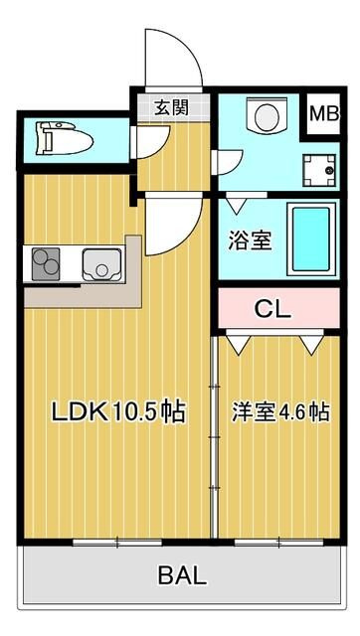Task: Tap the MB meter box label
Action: click(324, 113)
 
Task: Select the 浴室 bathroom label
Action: click(250, 240)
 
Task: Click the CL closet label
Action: click(272, 309)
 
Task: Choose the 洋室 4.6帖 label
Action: click(280, 411)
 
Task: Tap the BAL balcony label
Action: click(182, 575)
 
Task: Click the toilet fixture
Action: click(65, 139)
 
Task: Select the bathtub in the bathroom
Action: click(311, 239)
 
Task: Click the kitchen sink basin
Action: click(101, 264)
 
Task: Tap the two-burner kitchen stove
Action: click(46, 264)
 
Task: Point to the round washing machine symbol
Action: click(267, 115)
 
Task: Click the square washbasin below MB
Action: click(319, 170)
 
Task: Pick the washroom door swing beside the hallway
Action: click(231, 162)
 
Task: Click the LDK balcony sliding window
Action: click(117, 543)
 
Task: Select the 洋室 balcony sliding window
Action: click(278, 543)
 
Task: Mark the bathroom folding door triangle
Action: click(236, 206)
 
